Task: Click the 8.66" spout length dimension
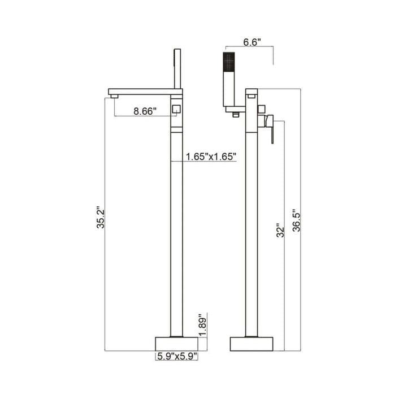tap(145, 111)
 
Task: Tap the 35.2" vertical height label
tap(101, 217)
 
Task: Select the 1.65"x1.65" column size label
tap(211, 157)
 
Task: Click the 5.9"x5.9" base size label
tap(177, 356)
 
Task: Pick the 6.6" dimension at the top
tap(252, 42)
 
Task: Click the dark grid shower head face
tap(229, 62)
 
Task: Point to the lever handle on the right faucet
tap(270, 128)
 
